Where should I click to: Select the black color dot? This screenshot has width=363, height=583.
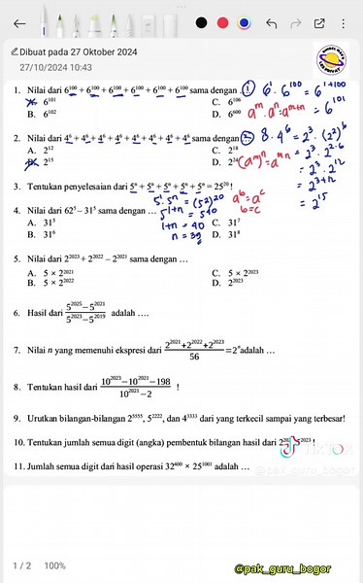point(201,22)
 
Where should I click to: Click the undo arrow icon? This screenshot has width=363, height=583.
point(272,22)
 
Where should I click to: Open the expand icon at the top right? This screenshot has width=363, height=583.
point(318,22)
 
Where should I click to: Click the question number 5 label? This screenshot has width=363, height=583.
point(16,259)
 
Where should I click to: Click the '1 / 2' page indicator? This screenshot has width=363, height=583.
point(21,566)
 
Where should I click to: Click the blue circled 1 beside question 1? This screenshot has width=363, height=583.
point(251,89)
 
